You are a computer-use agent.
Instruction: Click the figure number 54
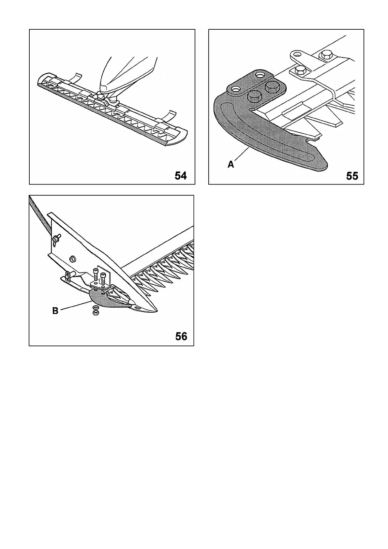click(181, 176)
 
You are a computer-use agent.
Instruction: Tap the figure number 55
click(352, 176)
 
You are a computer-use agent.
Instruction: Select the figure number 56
click(181, 336)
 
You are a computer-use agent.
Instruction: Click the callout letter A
click(231, 165)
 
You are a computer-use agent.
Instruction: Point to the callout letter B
click(55, 311)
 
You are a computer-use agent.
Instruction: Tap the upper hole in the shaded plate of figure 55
click(260, 75)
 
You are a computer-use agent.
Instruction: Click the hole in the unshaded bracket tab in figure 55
click(296, 53)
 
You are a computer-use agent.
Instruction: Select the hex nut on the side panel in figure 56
click(73, 259)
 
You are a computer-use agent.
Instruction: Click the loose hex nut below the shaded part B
click(96, 313)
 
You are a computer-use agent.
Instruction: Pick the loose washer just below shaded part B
click(96, 307)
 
